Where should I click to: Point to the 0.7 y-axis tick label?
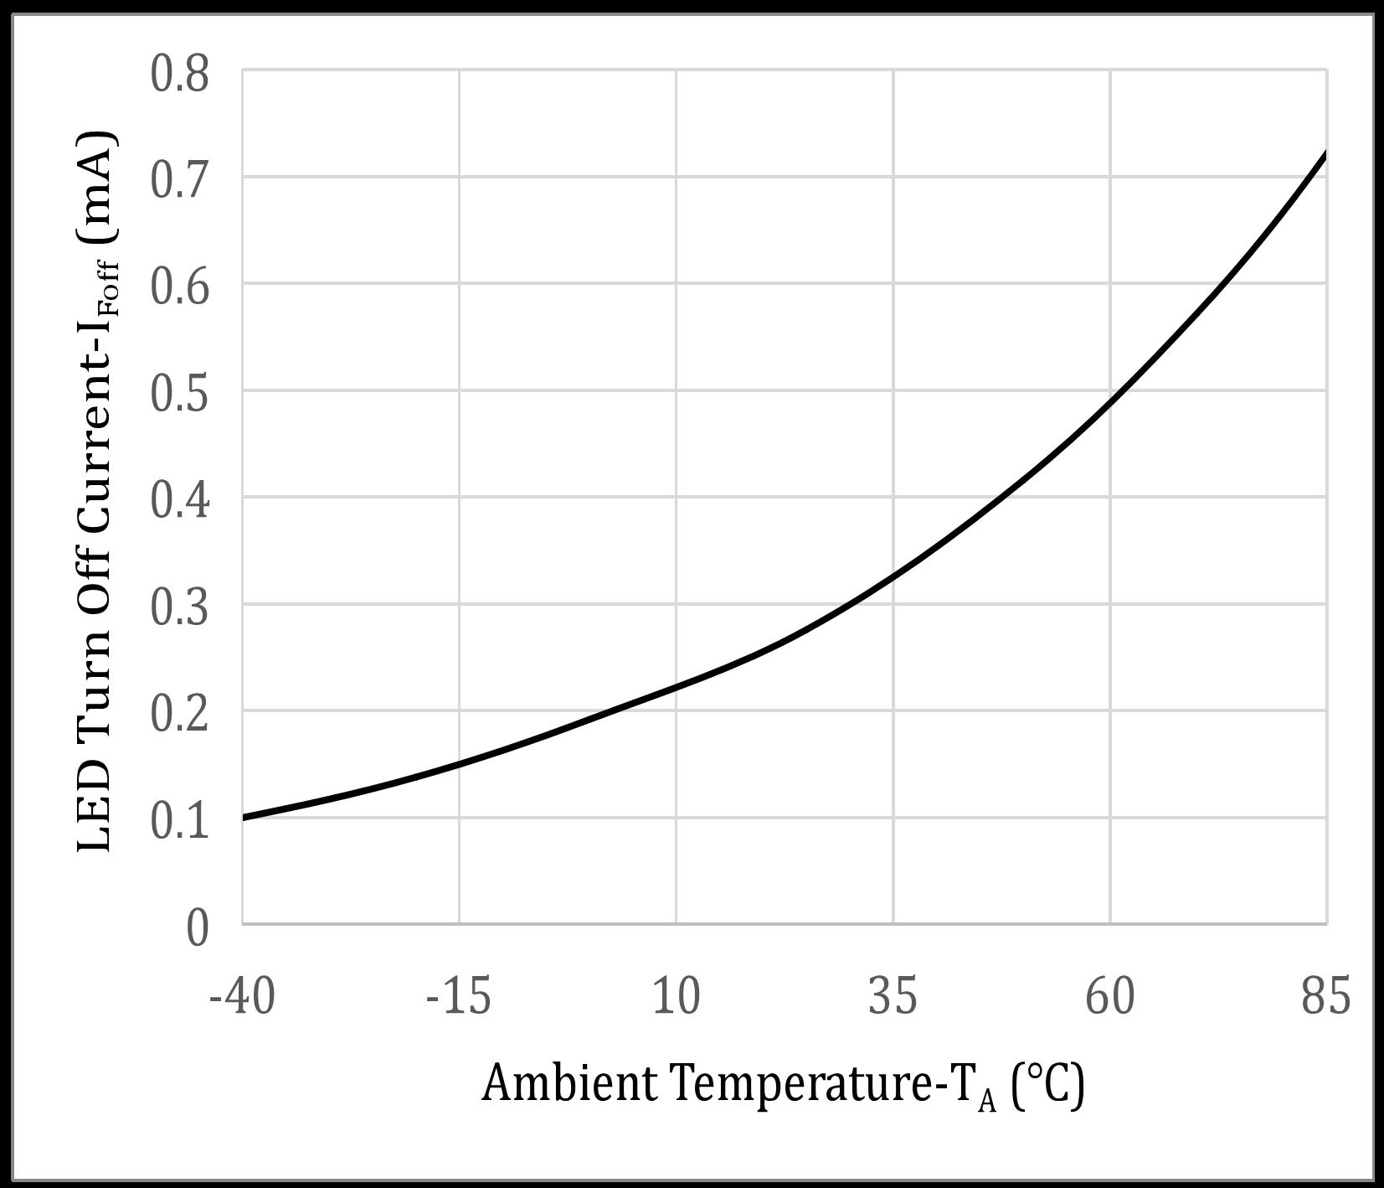[x=179, y=180]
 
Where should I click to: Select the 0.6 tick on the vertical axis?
[x=179, y=287]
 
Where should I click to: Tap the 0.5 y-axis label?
[x=179, y=393]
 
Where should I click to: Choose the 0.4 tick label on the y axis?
[x=179, y=500]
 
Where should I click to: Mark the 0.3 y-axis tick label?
[x=179, y=607]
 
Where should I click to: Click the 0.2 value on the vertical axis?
[x=179, y=714]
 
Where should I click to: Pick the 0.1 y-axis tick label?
[x=179, y=820]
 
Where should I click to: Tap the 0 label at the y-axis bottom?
[x=198, y=927]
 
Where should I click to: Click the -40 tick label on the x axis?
[x=242, y=997]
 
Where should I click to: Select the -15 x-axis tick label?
[x=458, y=997]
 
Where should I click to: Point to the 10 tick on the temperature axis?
[x=676, y=997]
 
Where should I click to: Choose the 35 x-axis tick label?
[x=893, y=997]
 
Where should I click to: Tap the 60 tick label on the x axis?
[x=1110, y=997]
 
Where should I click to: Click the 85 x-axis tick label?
[x=1326, y=997]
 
